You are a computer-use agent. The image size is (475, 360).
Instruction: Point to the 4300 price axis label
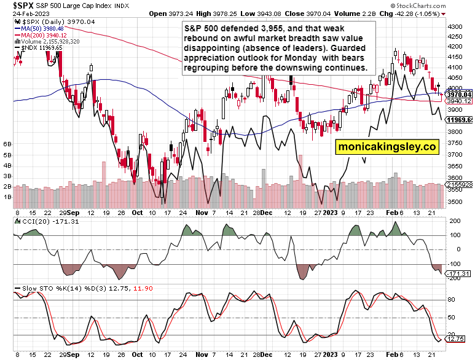[456, 28]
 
